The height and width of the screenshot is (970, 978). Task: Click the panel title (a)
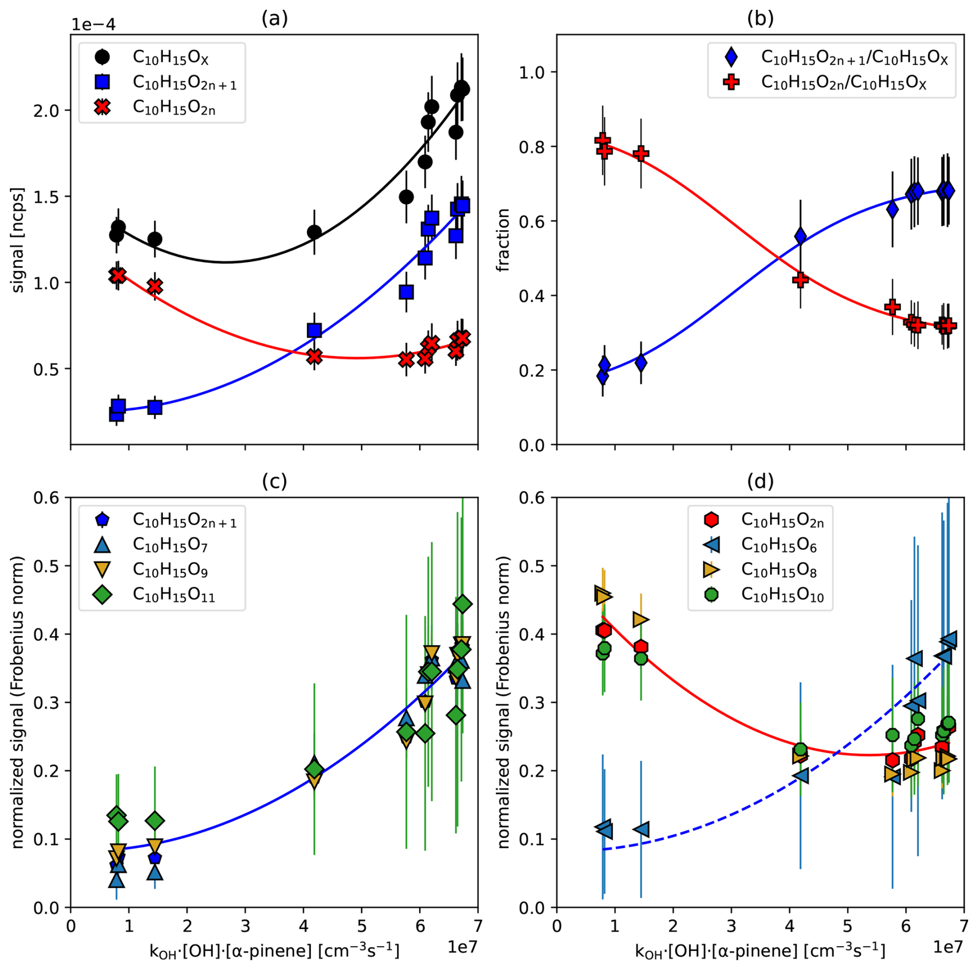(274, 19)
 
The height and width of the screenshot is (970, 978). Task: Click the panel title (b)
(760, 19)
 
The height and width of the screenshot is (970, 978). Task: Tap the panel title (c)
(274, 481)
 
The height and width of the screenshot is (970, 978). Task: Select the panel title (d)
(760, 481)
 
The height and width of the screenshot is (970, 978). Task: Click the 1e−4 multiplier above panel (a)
(93, 24)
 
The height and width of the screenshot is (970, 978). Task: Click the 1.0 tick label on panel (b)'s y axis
(532, 72)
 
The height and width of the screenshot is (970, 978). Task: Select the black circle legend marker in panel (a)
(103, 57)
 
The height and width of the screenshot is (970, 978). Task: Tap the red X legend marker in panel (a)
(103, 107)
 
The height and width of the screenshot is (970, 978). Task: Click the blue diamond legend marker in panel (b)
(731, 57)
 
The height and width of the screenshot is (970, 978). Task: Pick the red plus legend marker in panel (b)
(731, 82)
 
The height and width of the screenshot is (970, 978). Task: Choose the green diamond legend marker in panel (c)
(103, 595)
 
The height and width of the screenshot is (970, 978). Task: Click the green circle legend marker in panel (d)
(711, 595)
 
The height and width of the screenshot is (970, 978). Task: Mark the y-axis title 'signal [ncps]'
(18, 240)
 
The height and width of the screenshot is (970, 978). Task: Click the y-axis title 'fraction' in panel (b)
(503, 240)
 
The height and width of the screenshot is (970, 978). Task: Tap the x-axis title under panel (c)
(274, 951)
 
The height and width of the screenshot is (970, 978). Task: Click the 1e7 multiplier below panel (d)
(948, 946)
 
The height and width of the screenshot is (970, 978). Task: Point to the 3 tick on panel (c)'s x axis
(245, 925)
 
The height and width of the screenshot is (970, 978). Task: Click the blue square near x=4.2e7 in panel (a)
(314, 330)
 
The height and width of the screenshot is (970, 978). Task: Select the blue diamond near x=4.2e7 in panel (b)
(800, 237)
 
